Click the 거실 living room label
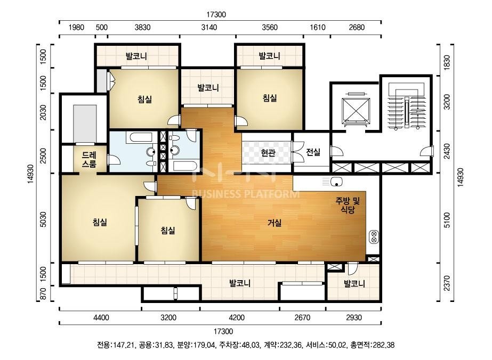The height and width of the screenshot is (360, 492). tap(275, 223)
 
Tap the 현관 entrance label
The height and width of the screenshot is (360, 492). tap(268, 153)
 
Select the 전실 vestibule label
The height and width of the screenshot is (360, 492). tap(313, 152)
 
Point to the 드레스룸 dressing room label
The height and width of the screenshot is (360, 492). tap(89, 159)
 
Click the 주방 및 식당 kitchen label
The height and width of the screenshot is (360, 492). tap(348, 205)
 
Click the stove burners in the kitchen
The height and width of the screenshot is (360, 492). tap(374, 236)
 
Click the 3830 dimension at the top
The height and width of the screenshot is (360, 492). tap(142, 27)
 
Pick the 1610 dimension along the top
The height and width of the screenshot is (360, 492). tap(317, 27)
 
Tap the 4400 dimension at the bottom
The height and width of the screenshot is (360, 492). tap(101, 318)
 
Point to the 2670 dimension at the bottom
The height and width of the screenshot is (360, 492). tap(302, 318)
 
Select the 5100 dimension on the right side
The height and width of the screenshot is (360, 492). tap(447, 220)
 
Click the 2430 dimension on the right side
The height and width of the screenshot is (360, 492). tap(447, 151)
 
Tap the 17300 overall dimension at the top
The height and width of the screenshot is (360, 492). tap(216, 14)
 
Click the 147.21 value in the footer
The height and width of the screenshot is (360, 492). tap(124, 345)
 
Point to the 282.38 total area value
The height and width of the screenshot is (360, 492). tap(383, 345)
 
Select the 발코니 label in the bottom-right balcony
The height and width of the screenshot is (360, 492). tap(354, 284)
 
